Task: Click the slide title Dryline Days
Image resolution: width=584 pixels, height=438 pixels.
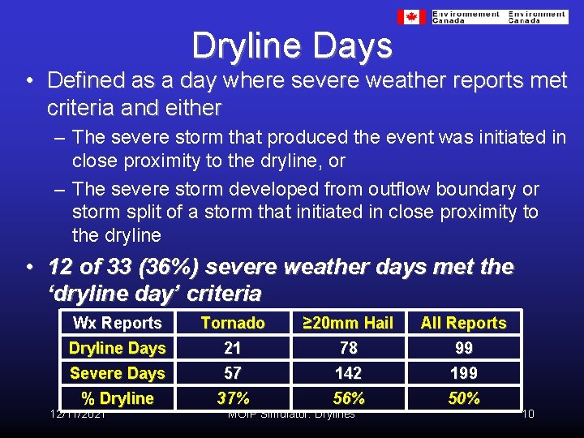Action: [x=292, y=46]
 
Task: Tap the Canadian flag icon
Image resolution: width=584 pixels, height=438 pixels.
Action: [x=411, y=17]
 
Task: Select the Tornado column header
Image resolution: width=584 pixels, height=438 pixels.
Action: [x=233, y=323]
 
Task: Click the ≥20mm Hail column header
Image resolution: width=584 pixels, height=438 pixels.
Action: [x=348, y=323]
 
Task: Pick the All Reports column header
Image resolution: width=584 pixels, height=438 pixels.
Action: [x=463, y=323]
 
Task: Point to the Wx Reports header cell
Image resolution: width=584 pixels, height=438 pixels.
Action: [x=118, y=323]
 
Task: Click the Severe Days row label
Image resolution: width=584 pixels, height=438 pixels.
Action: [x=118, y=373]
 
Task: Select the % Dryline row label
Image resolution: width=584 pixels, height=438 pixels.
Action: [x=118, y=398]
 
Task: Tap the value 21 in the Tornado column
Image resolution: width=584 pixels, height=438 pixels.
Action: [x=233, y=348]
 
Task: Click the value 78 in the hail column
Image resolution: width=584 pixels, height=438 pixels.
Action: [x=348, y=348]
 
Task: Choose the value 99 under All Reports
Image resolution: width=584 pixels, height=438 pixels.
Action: [x=463, y=348]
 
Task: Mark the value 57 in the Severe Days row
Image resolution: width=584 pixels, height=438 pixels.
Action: [x=233, y=373]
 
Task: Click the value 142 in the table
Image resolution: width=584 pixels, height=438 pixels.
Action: [x=348, y=373]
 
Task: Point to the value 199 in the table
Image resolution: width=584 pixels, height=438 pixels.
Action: [x=463, y=373]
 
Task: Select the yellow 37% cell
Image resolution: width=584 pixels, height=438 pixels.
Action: [x=233, y=398]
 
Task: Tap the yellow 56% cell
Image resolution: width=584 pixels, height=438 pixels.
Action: [x=348, y=398]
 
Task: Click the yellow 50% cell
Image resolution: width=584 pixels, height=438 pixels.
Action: [x=463, y=398]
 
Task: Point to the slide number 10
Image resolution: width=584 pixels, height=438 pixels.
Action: [x=527, y=414]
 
